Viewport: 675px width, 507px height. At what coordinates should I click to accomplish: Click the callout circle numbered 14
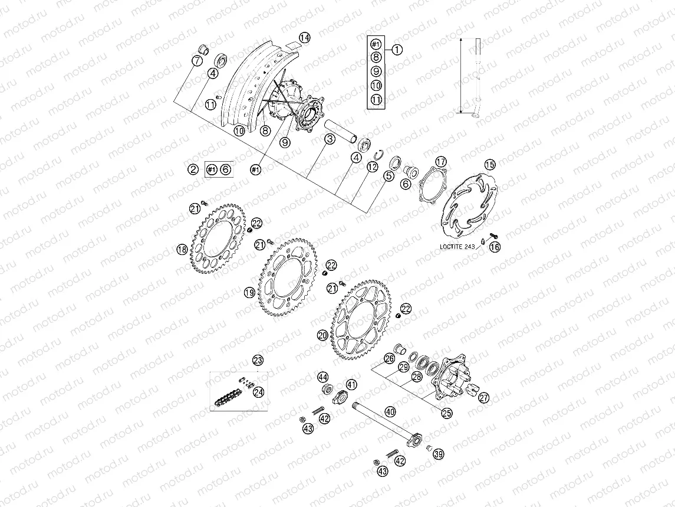click(x=304, y=38)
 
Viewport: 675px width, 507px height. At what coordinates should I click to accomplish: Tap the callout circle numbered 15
click(x=490, y=165)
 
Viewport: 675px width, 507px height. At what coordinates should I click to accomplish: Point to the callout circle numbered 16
click(x=495, y=247)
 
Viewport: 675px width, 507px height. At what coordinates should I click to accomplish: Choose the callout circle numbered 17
click(x=442, y=162)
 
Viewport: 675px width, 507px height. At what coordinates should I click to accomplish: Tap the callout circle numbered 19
click(x=249, y=292)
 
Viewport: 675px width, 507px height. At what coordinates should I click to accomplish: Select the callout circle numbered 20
click(x=322, y=335)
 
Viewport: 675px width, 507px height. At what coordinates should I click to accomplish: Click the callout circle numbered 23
click(x=258, y=359)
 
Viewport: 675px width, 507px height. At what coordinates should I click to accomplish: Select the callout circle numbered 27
click(x=483, y=398)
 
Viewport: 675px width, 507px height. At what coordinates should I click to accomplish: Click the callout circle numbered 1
click(x=397, y=50)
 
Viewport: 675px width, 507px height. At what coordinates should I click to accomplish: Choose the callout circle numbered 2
click(x=193, y=169)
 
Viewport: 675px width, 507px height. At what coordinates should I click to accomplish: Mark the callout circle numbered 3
click(x=329, y=138)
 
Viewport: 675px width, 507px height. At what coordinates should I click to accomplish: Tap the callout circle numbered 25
click(x=446, y=413)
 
